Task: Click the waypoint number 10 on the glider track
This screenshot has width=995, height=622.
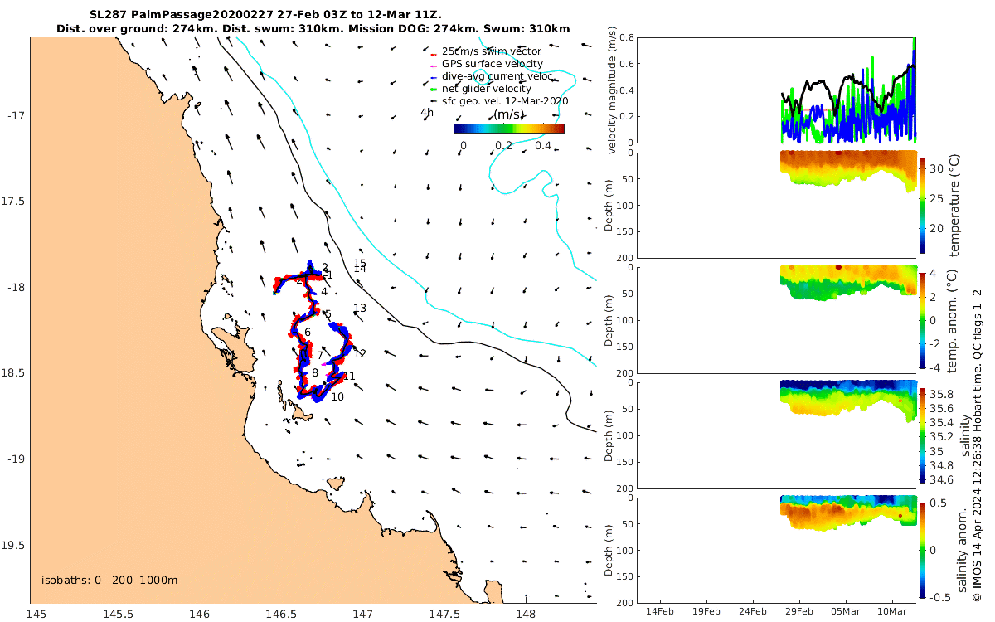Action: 337,397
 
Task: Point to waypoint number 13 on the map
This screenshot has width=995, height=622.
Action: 360,309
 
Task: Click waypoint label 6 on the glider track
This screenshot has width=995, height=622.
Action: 308,333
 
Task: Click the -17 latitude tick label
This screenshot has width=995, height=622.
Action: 16,115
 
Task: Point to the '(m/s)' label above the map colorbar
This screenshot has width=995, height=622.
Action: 508,114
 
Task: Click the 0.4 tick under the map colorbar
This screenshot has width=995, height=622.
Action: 543,146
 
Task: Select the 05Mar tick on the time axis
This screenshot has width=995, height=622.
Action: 847,611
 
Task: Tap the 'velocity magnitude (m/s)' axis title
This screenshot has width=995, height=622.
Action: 613,90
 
